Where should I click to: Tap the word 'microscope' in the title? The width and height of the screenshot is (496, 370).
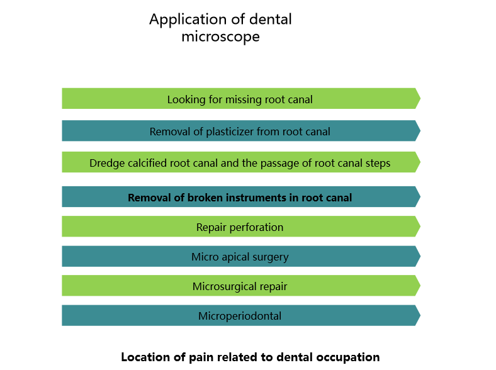coord(220,36)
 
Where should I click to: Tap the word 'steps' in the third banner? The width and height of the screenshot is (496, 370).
coord(376,164)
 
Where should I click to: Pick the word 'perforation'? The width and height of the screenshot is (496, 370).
coord(256,227)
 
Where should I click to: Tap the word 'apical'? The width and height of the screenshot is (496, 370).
coord(235,257)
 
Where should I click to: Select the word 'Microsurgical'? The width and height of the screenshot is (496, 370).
coord(222,286)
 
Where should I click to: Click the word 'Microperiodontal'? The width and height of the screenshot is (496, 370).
coord(240,316)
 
